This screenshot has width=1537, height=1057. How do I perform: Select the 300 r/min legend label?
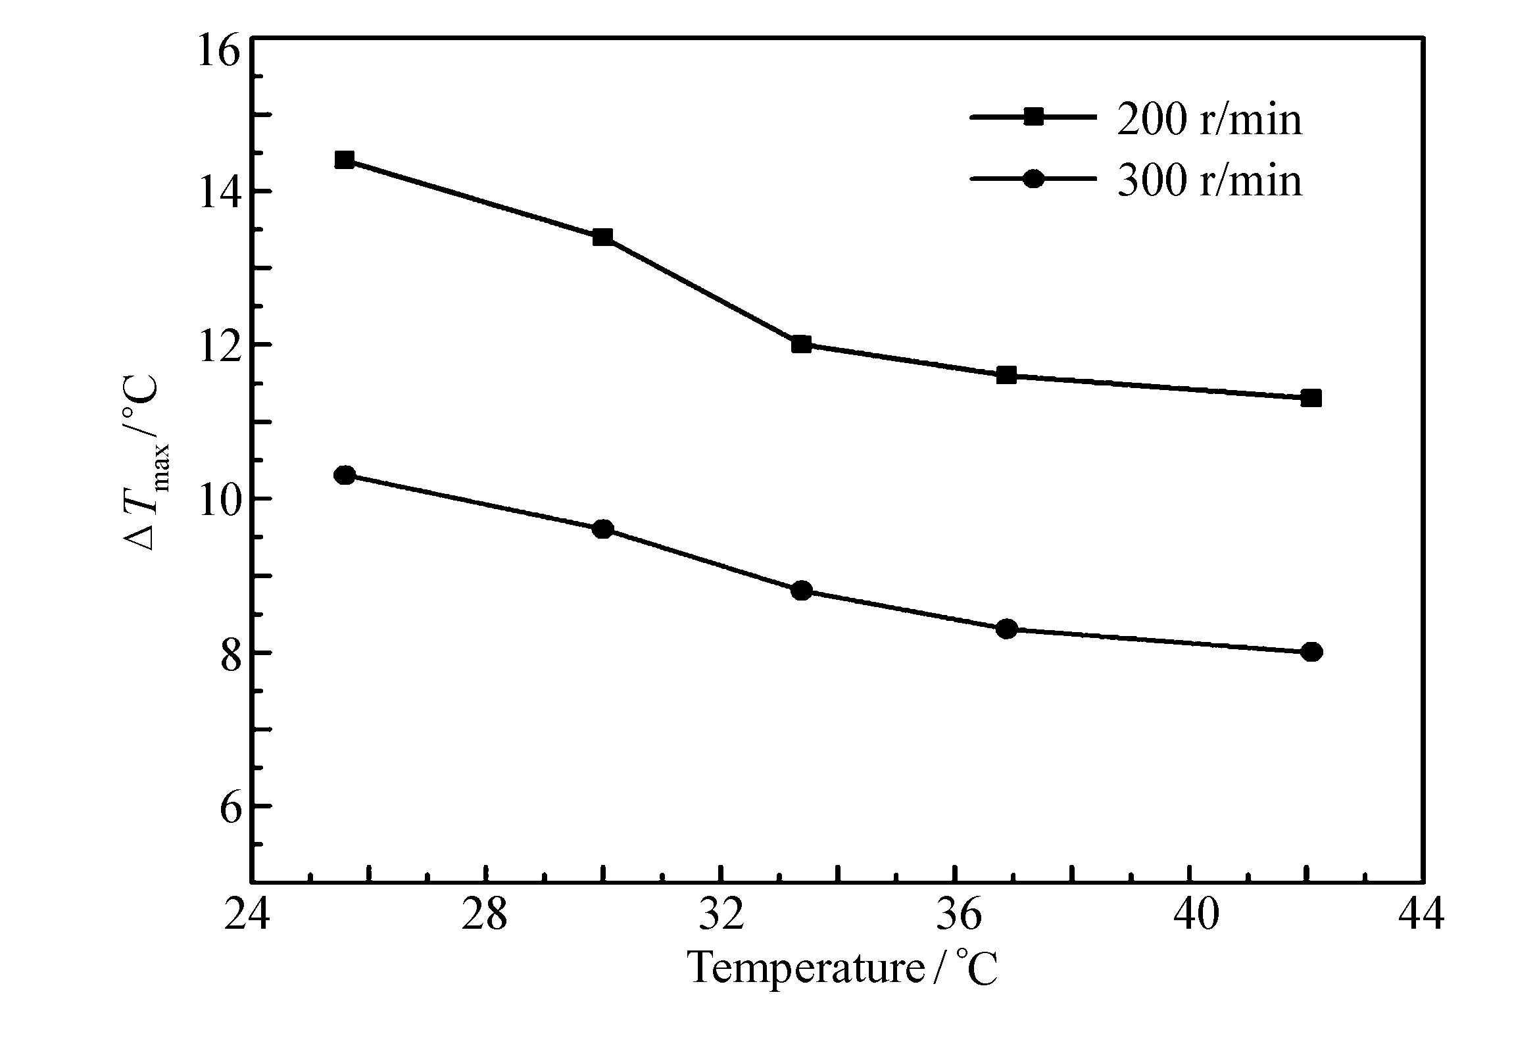(x=1209, y=180)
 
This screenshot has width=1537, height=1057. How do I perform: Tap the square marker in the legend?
(x=1033, y=117)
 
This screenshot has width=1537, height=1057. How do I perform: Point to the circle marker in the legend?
(x=1033, y=178)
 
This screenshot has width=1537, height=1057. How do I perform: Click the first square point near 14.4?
(x=345, y=160)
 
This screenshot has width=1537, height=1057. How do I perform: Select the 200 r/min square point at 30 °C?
(x=602, y=237)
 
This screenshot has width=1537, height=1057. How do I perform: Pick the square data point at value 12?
(x=801, y=344)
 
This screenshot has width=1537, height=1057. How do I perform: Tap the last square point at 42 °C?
(x=1311, y=398)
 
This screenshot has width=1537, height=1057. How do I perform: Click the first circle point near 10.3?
(x=345, y=475)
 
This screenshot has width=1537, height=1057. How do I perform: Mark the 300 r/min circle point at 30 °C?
(x=602, y=529)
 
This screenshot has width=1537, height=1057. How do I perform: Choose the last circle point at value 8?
(x=1311, y=652)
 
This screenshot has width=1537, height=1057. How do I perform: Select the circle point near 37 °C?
(x=1006, y=629)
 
